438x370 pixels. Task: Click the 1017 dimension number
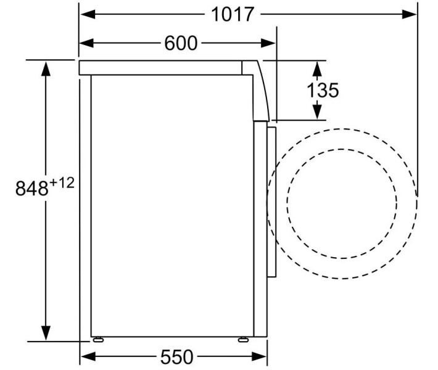point(233,14)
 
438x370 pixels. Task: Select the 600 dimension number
point(181,43)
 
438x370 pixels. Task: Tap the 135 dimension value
point(323,90)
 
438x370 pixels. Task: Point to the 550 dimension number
point(177,356)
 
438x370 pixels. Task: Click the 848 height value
point(32,188)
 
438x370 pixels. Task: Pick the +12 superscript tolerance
point(62,183)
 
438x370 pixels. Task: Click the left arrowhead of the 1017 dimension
point(88,14)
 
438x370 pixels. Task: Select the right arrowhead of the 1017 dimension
point(409,14)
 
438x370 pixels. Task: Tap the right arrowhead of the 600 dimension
point(268,43)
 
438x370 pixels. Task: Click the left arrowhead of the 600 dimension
point(88,43)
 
